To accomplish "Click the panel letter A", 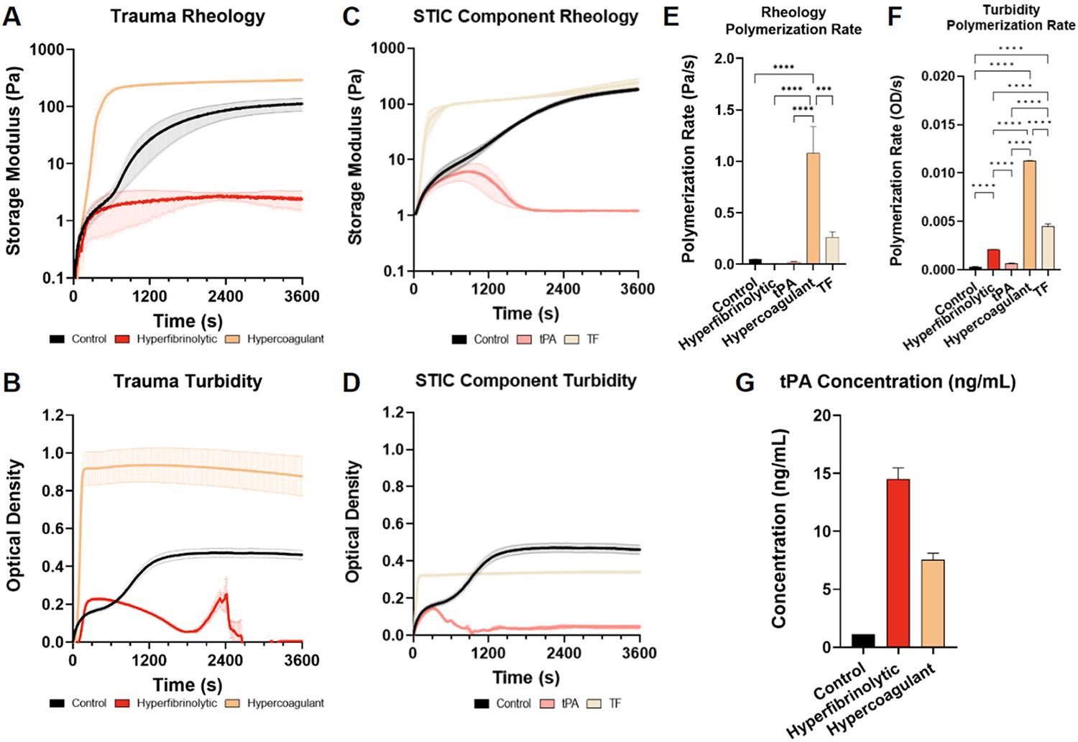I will [12, 17].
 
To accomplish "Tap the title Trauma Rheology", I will [188, 17].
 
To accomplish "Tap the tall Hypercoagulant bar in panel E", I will [814, 208].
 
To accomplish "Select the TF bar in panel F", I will [1048, 248].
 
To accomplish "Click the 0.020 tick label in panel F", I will [943, 77].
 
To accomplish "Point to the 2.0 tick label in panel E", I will [729, 59].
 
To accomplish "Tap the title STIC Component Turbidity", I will [525, 381].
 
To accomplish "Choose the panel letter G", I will [745, 383].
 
